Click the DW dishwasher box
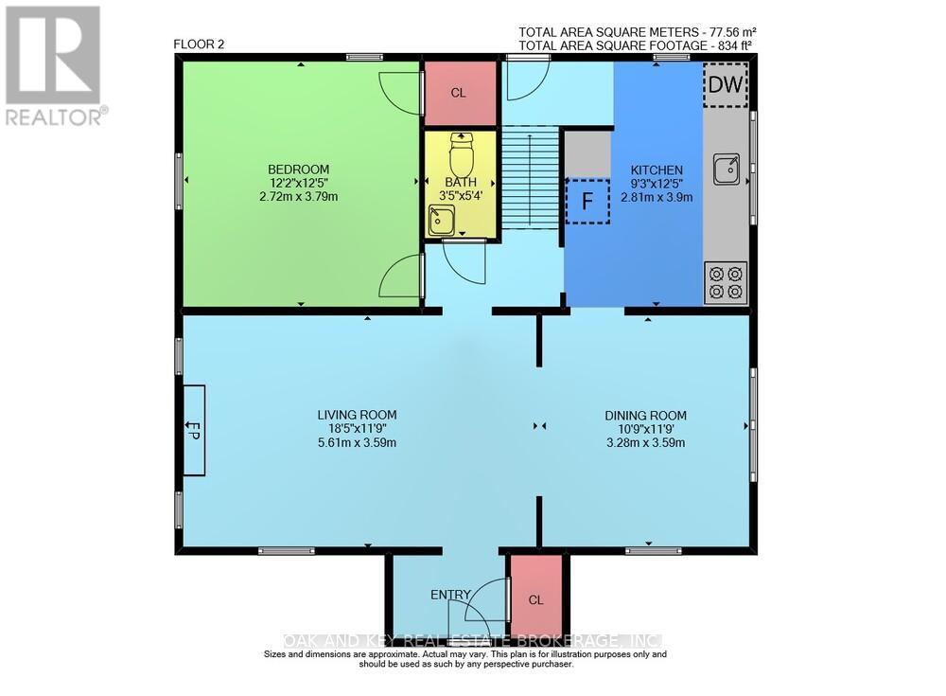point(726,84)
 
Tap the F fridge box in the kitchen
point(587,201)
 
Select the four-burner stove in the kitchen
point(726,283)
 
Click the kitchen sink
point(727,169)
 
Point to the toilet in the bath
point(462,154)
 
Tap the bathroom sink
point(442,220)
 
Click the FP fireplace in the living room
point(194,430)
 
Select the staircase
point(531,177)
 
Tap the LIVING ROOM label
point(358,415)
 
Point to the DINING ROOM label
point(645,416)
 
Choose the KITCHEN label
point(657,170)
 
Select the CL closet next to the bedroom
point(459,93)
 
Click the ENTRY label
point(450,595)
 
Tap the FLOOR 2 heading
point(199,45)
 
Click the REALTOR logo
point(54,65)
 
